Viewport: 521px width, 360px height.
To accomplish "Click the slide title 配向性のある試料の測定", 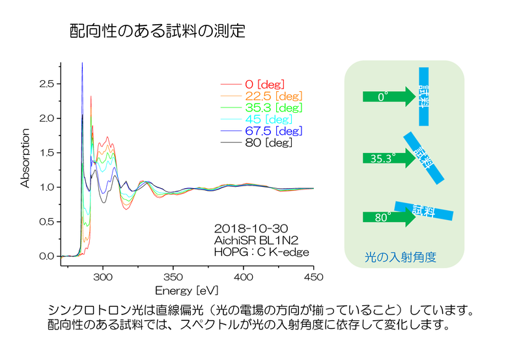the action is click(x=158, y=31).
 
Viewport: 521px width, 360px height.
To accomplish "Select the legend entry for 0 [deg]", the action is click(x=253, y=85).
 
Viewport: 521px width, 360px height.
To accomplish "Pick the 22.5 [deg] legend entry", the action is click(x=262, y=96).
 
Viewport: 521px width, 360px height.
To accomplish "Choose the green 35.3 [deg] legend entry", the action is click(x=262, y=107).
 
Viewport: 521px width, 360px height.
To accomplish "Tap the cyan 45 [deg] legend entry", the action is click(x=257, y=119).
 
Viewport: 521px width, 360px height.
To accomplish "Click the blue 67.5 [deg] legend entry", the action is click(x=262, y=131).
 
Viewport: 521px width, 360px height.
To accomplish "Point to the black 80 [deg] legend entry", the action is click(x=257, y=143).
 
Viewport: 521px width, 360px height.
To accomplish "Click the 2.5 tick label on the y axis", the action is click(x=46, y=84).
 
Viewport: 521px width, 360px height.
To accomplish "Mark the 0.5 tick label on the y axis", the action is click(x=46, y=222).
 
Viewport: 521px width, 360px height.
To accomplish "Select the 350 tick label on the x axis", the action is click(x=173, y=277).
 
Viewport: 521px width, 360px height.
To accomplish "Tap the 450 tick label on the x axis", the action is click(x=313, y=277).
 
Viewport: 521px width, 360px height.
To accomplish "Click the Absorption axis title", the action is click(x=25, y=158).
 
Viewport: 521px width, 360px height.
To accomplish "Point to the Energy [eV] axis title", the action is click(x=187, y=290).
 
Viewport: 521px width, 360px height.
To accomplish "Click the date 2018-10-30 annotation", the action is click(x=251, y=228).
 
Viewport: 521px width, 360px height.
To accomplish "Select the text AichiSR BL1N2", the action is click(x=256, y=240).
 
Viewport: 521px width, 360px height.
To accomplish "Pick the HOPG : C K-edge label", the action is click(x=262, y=252).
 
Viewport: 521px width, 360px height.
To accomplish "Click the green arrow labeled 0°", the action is click(x=389, y=96).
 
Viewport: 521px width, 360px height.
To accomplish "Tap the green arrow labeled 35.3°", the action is click(x=389, y=158).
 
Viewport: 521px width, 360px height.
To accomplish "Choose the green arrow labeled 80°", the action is click(x=389, y=217).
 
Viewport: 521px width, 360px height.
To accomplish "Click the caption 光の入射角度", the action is click(x=401, y=257).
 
